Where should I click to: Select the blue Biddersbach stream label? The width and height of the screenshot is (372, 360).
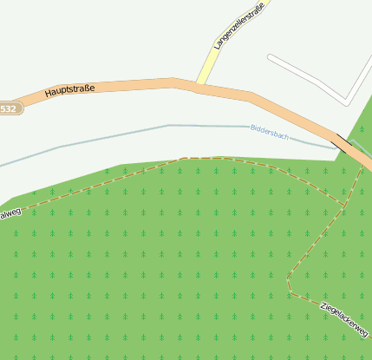pos(268,132)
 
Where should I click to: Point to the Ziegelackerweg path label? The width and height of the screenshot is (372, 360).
pos(344,318)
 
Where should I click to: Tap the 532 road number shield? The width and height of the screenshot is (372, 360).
pos(7,108)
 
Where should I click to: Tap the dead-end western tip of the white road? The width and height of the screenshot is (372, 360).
pos(270,58)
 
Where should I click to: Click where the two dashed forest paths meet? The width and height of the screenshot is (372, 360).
pos(345,205)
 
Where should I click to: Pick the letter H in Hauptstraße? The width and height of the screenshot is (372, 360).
pos(48,91)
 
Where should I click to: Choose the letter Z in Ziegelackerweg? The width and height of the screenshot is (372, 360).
pos(323,305)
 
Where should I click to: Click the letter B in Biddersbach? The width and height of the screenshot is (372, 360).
pos(251,128)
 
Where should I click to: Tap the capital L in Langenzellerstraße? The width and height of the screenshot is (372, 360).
pos(217,46)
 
